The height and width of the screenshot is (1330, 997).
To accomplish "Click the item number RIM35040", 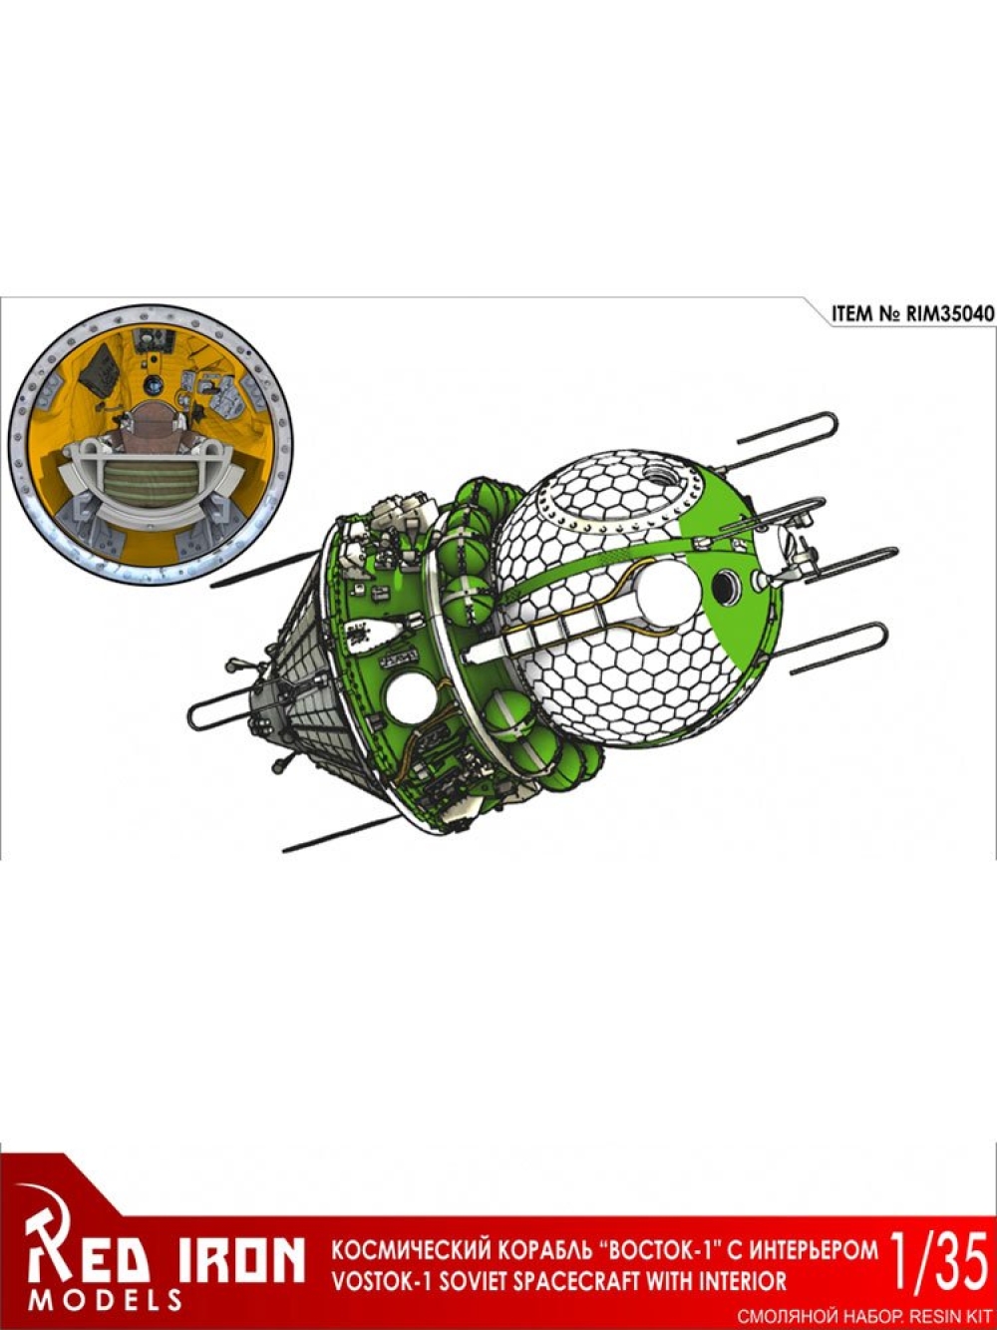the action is tap(949, 313).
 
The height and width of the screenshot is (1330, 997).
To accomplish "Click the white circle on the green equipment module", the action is tap(412, 701).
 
